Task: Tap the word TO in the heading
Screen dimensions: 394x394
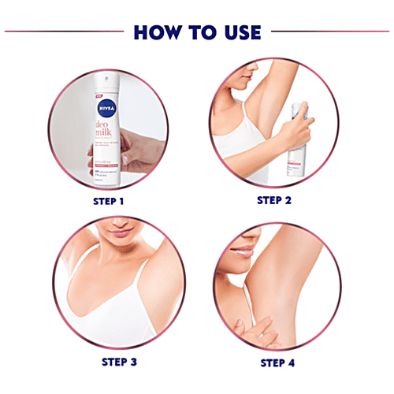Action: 199,32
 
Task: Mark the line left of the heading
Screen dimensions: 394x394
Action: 63,32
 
